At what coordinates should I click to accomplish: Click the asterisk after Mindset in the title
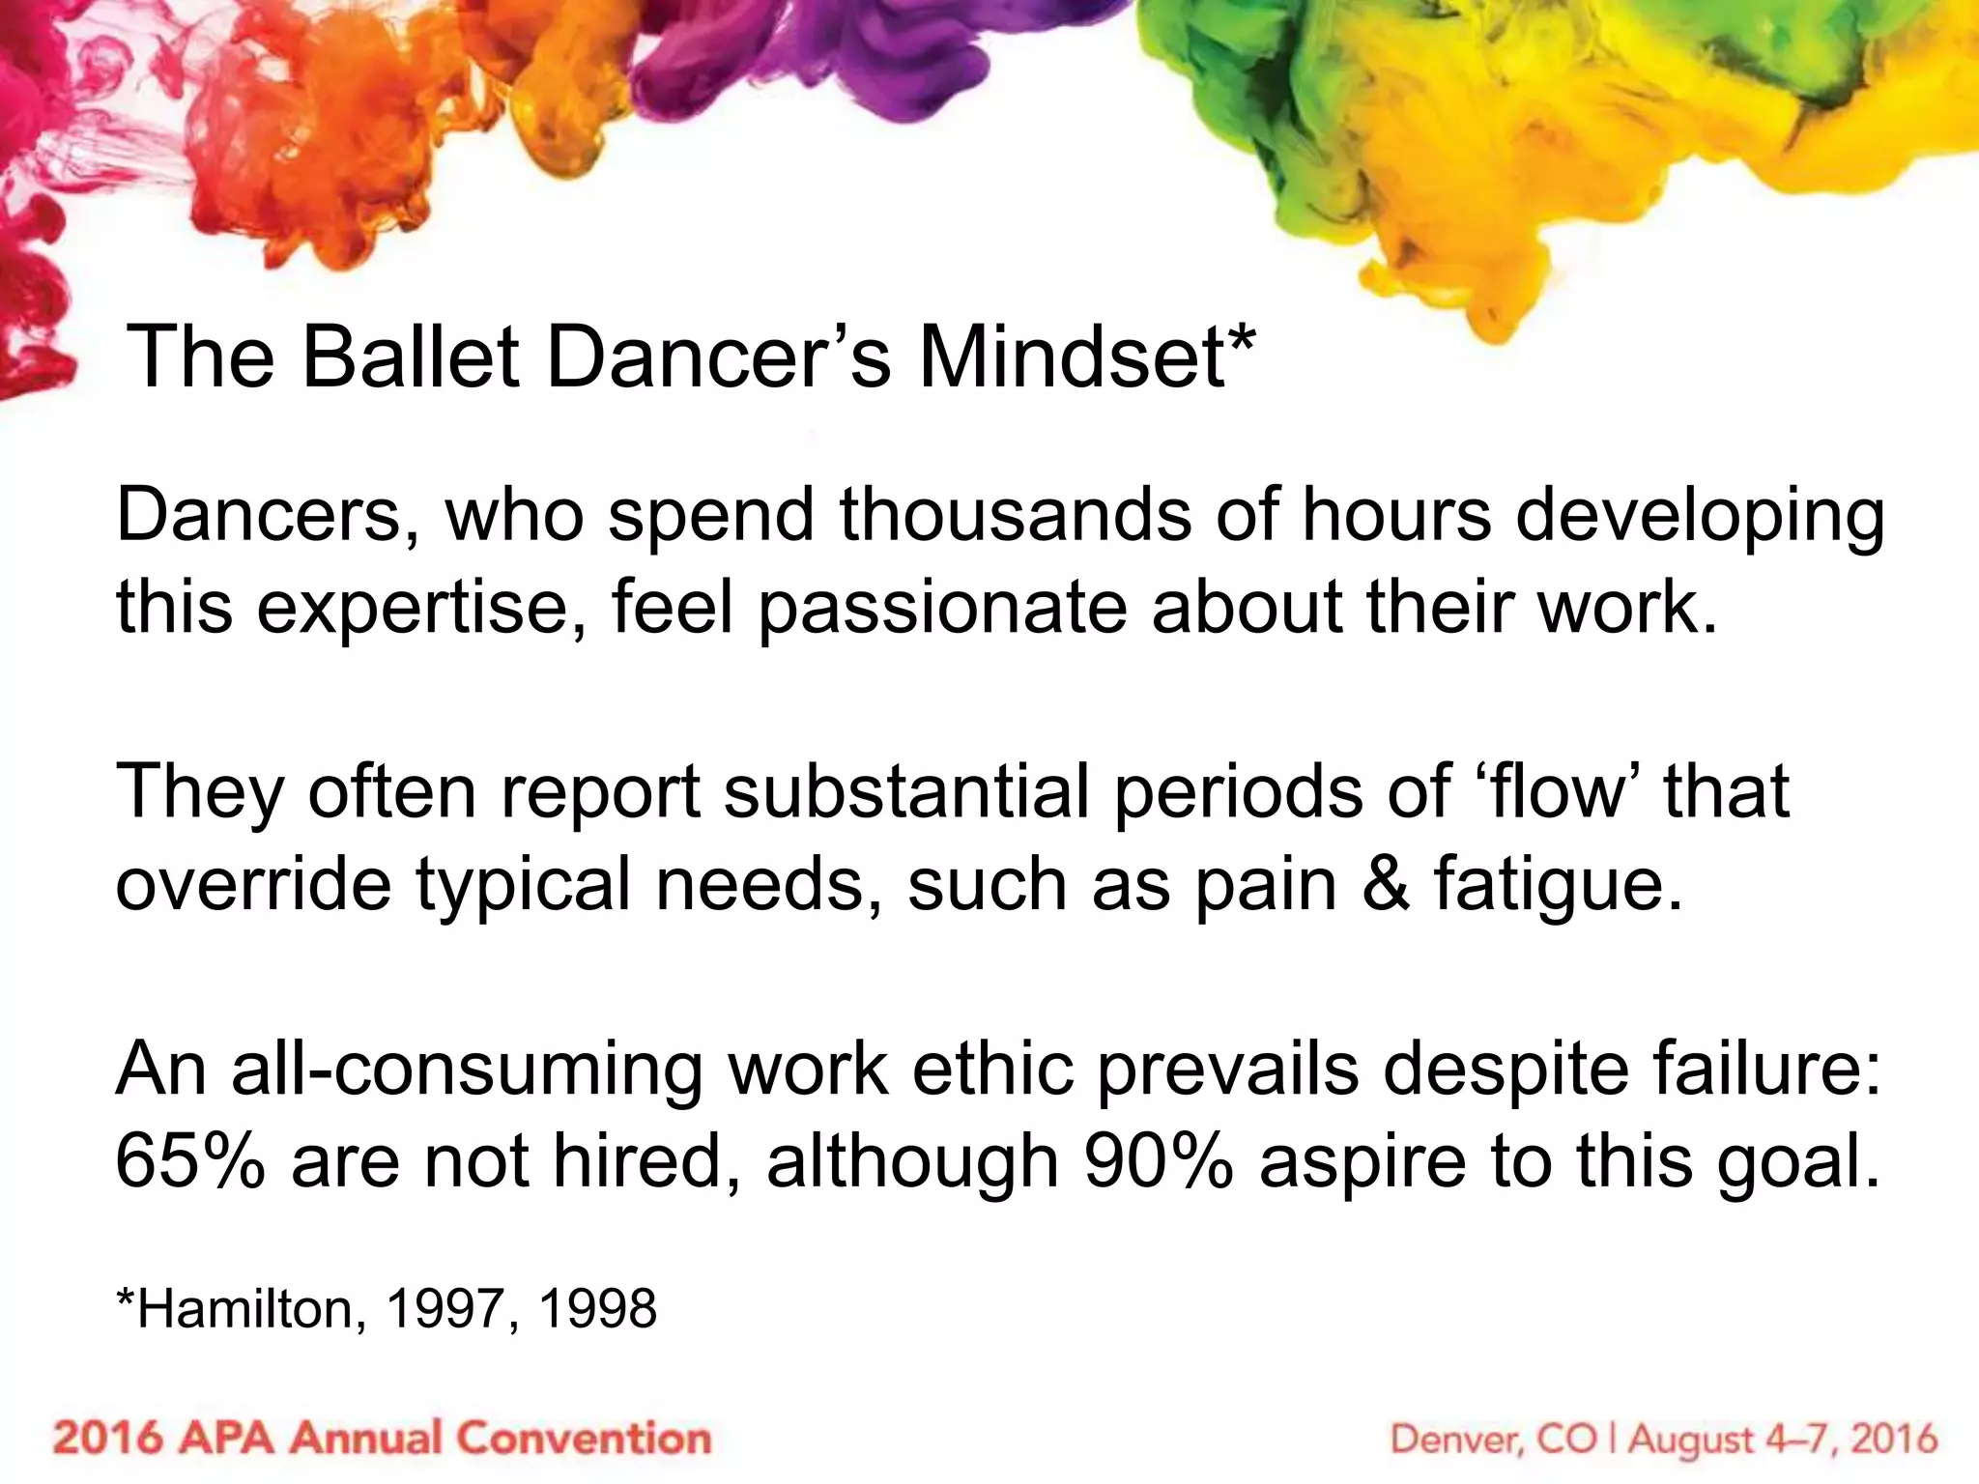click(x=1243, y=340)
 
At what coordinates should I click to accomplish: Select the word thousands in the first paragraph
click(x=1016, y=514)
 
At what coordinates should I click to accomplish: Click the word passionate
click(x=941, y=609)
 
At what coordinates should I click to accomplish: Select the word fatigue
click(x=1558, y=885)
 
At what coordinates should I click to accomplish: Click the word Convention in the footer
click(x=584, y=1438)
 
